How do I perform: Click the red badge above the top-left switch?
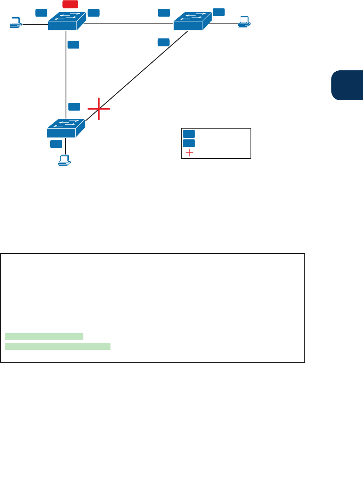(70, 5)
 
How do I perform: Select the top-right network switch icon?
(192, 21)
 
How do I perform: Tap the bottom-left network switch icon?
(66, 128)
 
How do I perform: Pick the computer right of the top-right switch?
(244, 21)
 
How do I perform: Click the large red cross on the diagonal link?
(99, 109)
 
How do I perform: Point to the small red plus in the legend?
(189, 153)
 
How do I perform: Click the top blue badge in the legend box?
(189, 134)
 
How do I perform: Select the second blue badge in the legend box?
(189, 143)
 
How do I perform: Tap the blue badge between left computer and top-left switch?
(41, 13)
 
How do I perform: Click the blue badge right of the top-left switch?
(93, 13)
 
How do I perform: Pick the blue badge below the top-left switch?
(74, 44)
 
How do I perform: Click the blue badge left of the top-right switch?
(164, 13)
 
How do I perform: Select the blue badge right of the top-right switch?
(219, 12)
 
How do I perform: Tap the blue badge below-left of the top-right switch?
(163, 42)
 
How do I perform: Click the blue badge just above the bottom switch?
(74, 106)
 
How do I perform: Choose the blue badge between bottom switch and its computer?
(56, 144)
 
